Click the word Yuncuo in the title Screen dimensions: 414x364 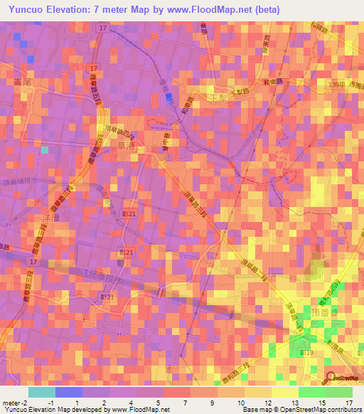29,10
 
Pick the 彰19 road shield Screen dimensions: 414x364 306,352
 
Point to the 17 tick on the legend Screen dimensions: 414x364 349,403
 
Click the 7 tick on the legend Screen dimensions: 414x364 186,403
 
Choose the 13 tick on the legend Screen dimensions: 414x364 295,403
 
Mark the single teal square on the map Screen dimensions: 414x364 45,149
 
